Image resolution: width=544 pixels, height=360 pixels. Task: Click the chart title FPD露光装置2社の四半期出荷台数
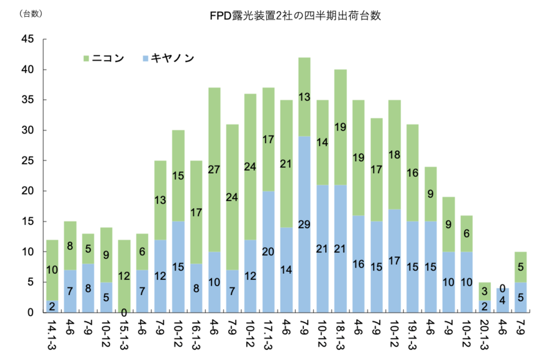click(295, 16)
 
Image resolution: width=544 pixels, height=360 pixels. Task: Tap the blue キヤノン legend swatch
click(146, 59)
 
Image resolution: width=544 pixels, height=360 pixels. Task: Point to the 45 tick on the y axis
click(28, 39)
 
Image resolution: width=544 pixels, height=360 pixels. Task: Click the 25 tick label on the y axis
click(28, 161)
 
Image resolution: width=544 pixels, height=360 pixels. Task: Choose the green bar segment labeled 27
click(214, 170)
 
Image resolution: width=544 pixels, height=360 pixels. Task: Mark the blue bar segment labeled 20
click(268, 251)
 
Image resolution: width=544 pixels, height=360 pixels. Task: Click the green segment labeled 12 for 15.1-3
click(124, 276)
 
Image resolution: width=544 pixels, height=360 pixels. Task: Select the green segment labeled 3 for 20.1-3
click(485, 291)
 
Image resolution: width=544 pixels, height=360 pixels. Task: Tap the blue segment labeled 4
click(503, 301)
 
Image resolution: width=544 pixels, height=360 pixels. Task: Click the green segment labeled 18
click(395, 154)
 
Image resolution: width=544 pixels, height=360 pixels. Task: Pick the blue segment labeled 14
click(286, 269)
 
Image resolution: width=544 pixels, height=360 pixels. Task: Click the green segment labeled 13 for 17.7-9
click(305, 97)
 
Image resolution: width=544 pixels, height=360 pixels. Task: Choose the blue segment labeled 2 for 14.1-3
click(52, 306)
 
